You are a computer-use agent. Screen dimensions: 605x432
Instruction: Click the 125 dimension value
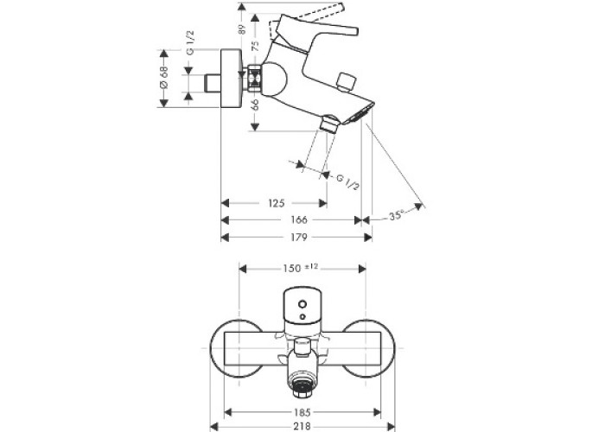[277, 203]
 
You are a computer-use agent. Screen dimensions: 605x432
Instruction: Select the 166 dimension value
[299, 219]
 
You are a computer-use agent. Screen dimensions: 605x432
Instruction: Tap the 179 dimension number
[299, 237]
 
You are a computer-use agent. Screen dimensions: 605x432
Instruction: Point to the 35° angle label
[396, 215]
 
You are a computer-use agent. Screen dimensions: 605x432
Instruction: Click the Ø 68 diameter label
[163, 78]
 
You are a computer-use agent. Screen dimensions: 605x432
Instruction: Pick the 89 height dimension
[242, 29]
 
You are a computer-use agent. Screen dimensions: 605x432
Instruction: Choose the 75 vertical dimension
[255, 46]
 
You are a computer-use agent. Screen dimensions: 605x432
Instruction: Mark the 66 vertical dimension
[255, 105]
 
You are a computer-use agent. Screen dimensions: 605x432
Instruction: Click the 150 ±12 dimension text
[300, 267]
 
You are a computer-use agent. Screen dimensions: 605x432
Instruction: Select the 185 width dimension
[302, 412]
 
